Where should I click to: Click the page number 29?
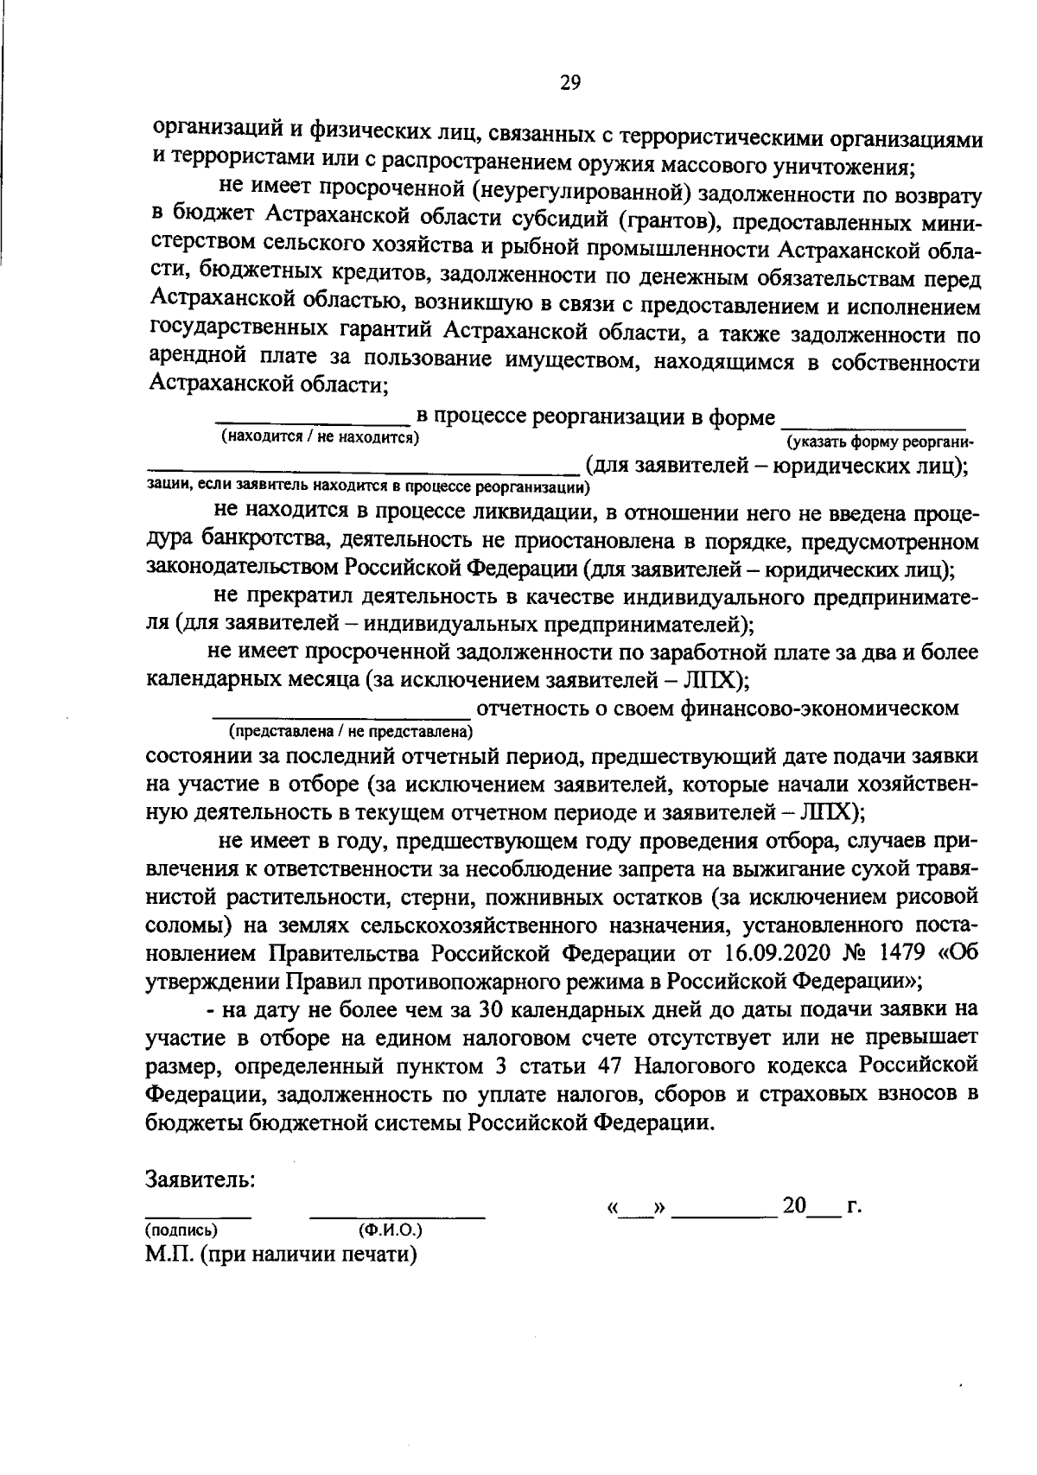click(570, 83)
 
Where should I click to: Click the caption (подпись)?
click(181, 1230)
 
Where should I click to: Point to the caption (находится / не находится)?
click(320, 437)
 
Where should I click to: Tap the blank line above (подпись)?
click(198, 1216)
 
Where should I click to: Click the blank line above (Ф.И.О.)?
click(397, 1216)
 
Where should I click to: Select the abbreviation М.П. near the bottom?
click(170, 1254)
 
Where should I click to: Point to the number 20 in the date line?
click(793, 1205)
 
